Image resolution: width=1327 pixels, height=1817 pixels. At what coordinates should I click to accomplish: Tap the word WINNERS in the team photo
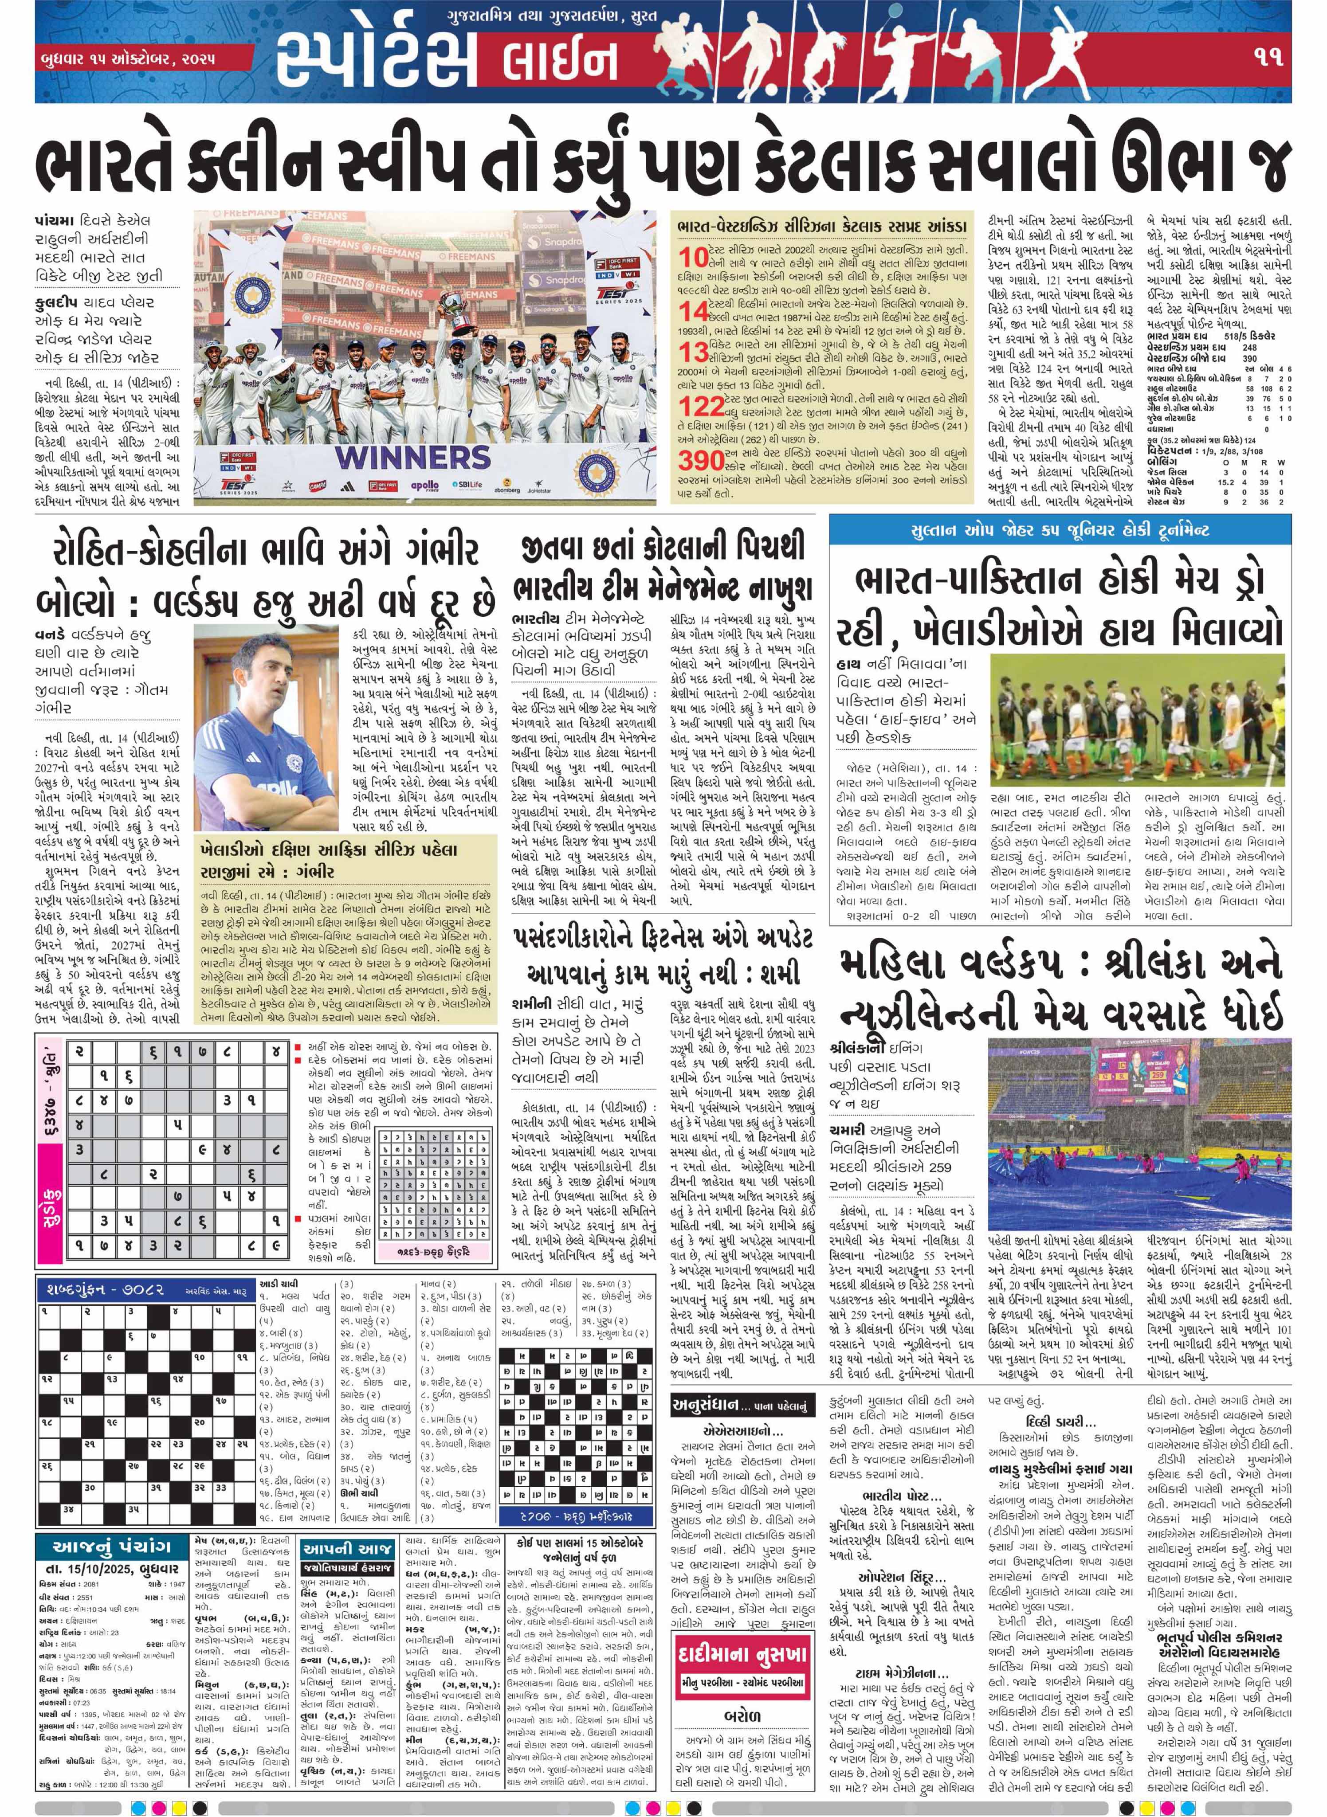tap(412, 457)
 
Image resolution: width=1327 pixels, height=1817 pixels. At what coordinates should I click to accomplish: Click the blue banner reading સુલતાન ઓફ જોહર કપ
tap(1060, 531)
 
